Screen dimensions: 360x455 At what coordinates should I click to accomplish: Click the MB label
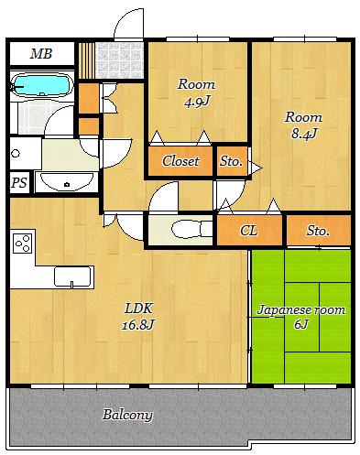click(41, 54)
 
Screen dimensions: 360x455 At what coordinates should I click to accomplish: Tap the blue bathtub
click(41, 85)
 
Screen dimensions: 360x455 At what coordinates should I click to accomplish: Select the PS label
click(19, 183)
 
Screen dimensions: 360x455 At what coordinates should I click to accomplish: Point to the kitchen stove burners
click(23, 244)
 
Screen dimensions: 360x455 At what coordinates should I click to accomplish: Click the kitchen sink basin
click(72, 276)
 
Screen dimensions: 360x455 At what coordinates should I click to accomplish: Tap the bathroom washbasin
click(67, 182)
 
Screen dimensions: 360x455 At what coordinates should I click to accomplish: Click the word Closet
click(180, 161)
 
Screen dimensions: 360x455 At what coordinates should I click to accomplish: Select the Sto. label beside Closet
click(231, 161)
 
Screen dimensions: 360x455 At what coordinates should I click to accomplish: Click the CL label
click(249, 231)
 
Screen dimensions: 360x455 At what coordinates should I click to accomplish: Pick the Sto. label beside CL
click(318, 231)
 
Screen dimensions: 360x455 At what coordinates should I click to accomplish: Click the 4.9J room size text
click(197, 102)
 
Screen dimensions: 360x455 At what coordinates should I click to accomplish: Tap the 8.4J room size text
click(304, 134)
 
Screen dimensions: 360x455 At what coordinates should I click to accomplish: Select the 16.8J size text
click(138, 324)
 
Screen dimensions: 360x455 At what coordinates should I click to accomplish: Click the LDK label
click(138, 309)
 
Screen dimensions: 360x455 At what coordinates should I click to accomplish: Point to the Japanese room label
click(301, 310)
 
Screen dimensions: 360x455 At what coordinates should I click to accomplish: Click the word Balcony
click(127, 415)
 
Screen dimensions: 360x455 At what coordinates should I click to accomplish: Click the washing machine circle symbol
click(16, 153)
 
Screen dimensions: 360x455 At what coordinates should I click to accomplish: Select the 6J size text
click(301, 324)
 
